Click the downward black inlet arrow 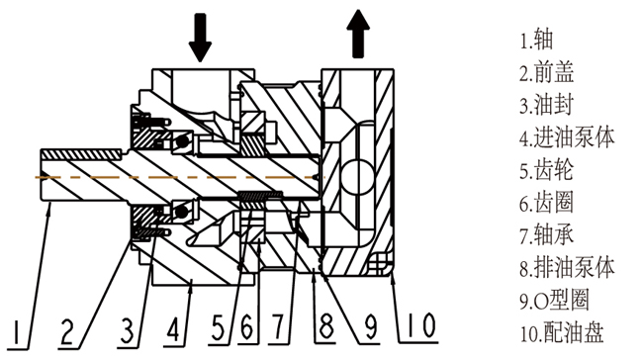[x=200, y=38]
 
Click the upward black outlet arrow [x=358, y=34]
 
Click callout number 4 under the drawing [x=173, y=328]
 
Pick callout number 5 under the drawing [x=219, y=328]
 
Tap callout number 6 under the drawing [x=246, y=328]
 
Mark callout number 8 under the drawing [x=326, y=327]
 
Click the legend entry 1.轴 [x=537, y=41]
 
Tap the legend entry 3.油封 [x=546, y=106]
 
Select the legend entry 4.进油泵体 [x=567, y=137]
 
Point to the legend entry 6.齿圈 [x=546, y=203]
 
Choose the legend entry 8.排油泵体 [x=568, y=268]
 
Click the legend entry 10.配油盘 [x=562, y=332]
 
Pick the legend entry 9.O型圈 [x=555, y=300]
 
